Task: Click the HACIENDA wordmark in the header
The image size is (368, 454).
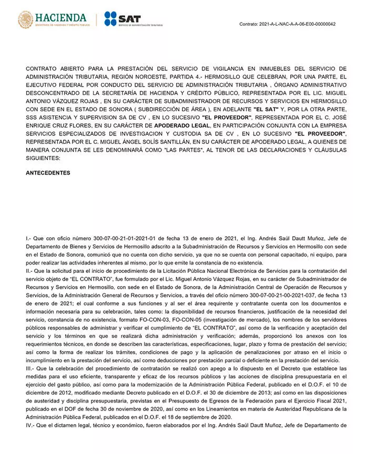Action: pyautogui.click(x=60, y=17)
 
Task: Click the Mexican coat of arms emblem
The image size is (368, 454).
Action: pyautogui.click(x=25, y=20)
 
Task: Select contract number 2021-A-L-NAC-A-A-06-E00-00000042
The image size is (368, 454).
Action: pyautogui.click(x=298, y=24)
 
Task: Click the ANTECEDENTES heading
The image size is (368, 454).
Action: pyautogui.click(x=48, y=173)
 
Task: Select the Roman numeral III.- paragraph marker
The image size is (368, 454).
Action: pyautogui.click(x=30, y=369)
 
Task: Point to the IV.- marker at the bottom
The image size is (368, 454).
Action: pyautogui.click(x=30, y=425)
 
